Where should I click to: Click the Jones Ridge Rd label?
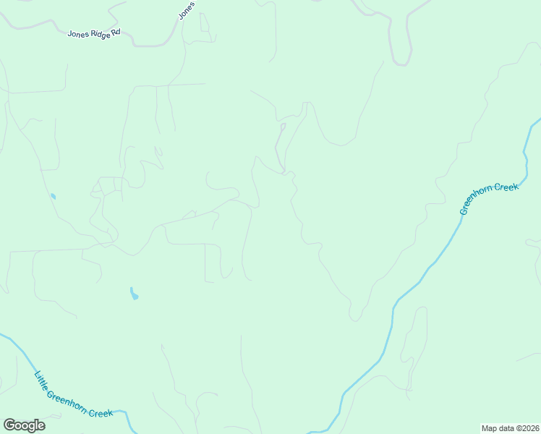94,34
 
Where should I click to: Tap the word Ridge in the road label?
97,34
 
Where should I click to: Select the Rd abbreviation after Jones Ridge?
115,36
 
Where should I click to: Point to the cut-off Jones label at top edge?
187,9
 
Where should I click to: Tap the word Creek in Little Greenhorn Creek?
101,412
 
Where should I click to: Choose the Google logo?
24,425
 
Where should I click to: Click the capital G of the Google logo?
9,425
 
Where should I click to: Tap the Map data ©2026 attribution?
510,427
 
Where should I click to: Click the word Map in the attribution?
490,427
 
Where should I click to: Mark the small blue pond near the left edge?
52,196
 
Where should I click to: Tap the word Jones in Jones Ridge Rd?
78,33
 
